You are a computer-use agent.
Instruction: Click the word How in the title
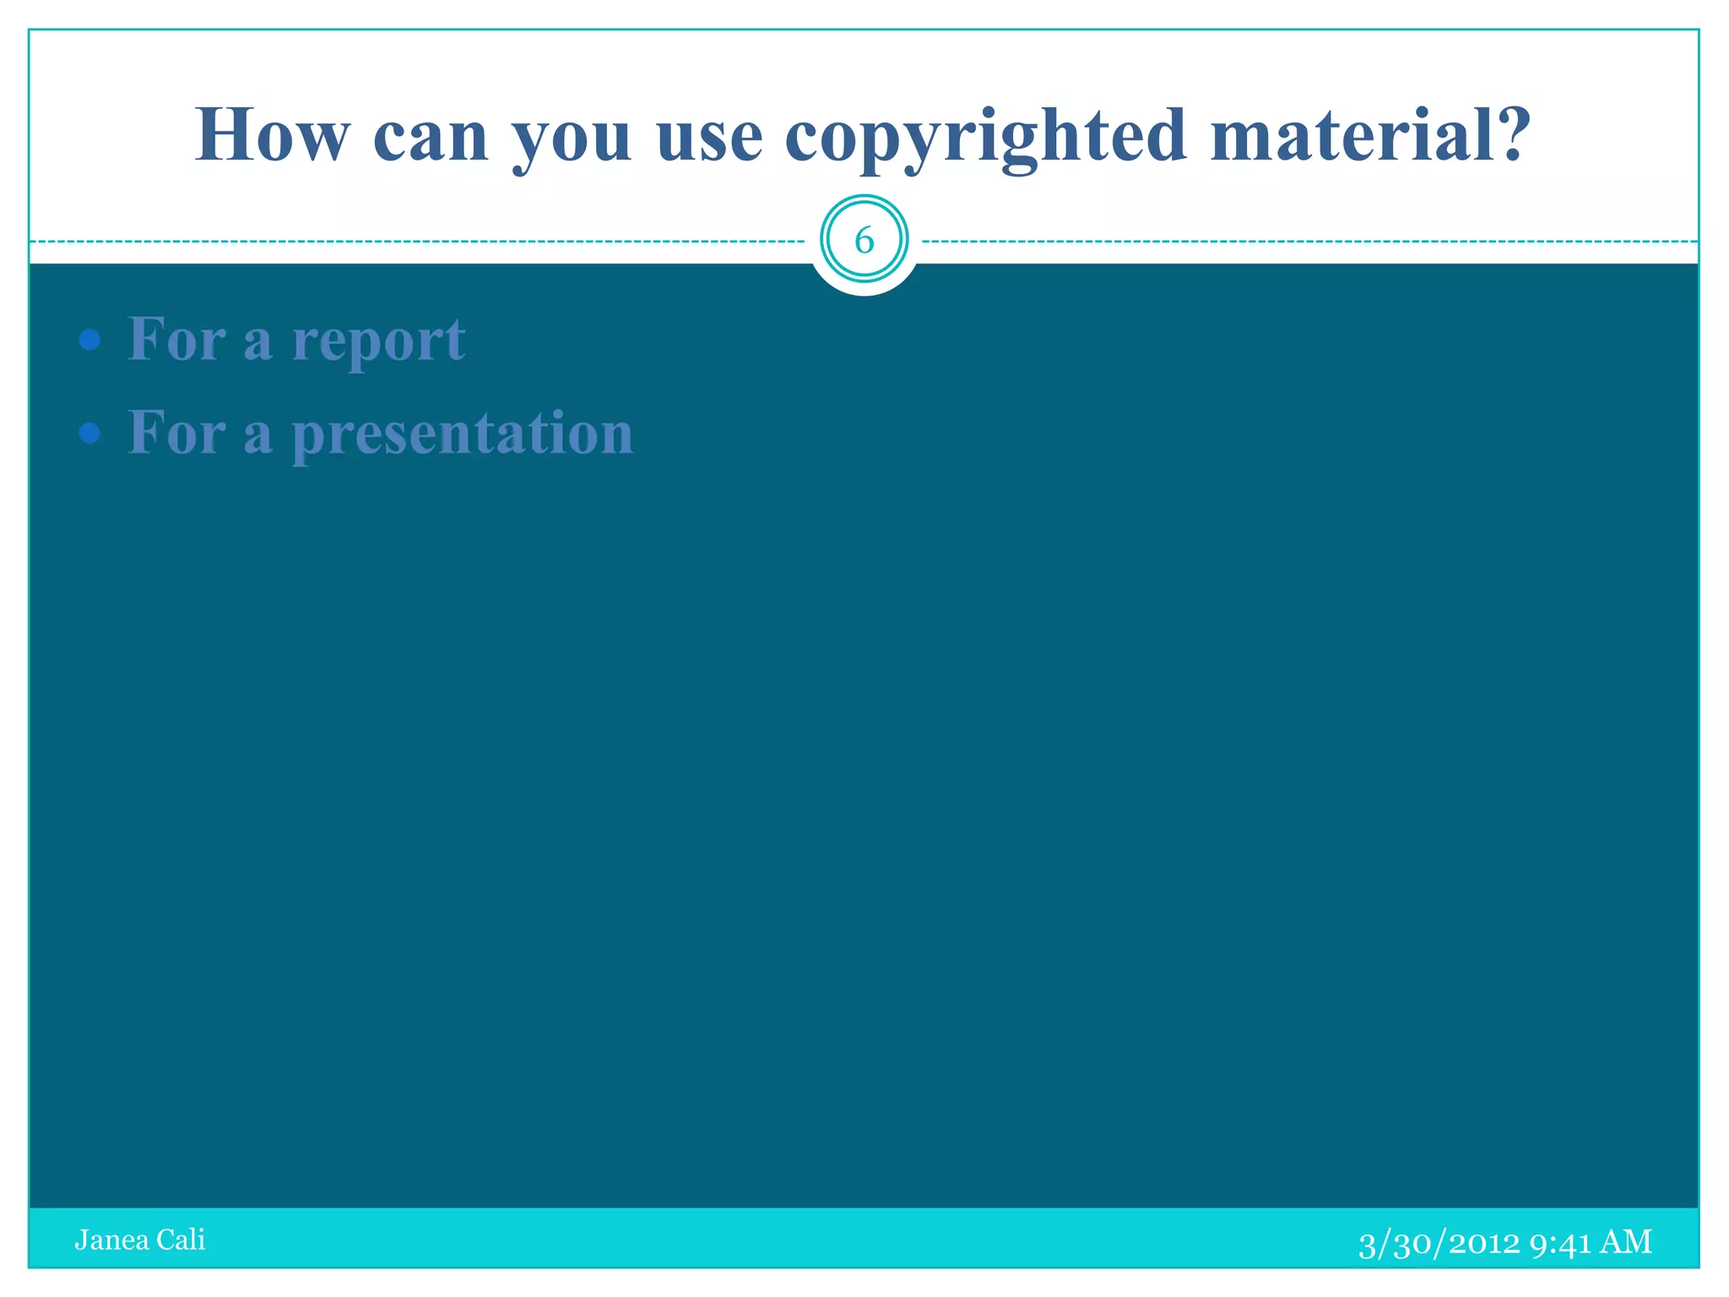pos(272,135)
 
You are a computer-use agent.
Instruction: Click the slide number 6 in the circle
pos(864,241)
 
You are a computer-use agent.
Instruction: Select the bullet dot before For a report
pos(89,341)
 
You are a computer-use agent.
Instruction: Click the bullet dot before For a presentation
pos(89,434)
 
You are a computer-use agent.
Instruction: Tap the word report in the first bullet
pos(378,341)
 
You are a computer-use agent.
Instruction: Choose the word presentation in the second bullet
pos(463,434)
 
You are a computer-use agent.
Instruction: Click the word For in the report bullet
pos(176,339)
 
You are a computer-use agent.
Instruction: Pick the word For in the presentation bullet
pos(176,432)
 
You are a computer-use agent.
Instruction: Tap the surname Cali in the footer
pos(181,1240)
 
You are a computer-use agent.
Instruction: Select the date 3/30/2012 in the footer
pos(1439,1243)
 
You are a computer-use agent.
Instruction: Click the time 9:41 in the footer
pos(1559,1243)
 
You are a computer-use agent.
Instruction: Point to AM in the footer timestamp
pos(1626,1242)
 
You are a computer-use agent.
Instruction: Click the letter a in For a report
pos(258,345)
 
